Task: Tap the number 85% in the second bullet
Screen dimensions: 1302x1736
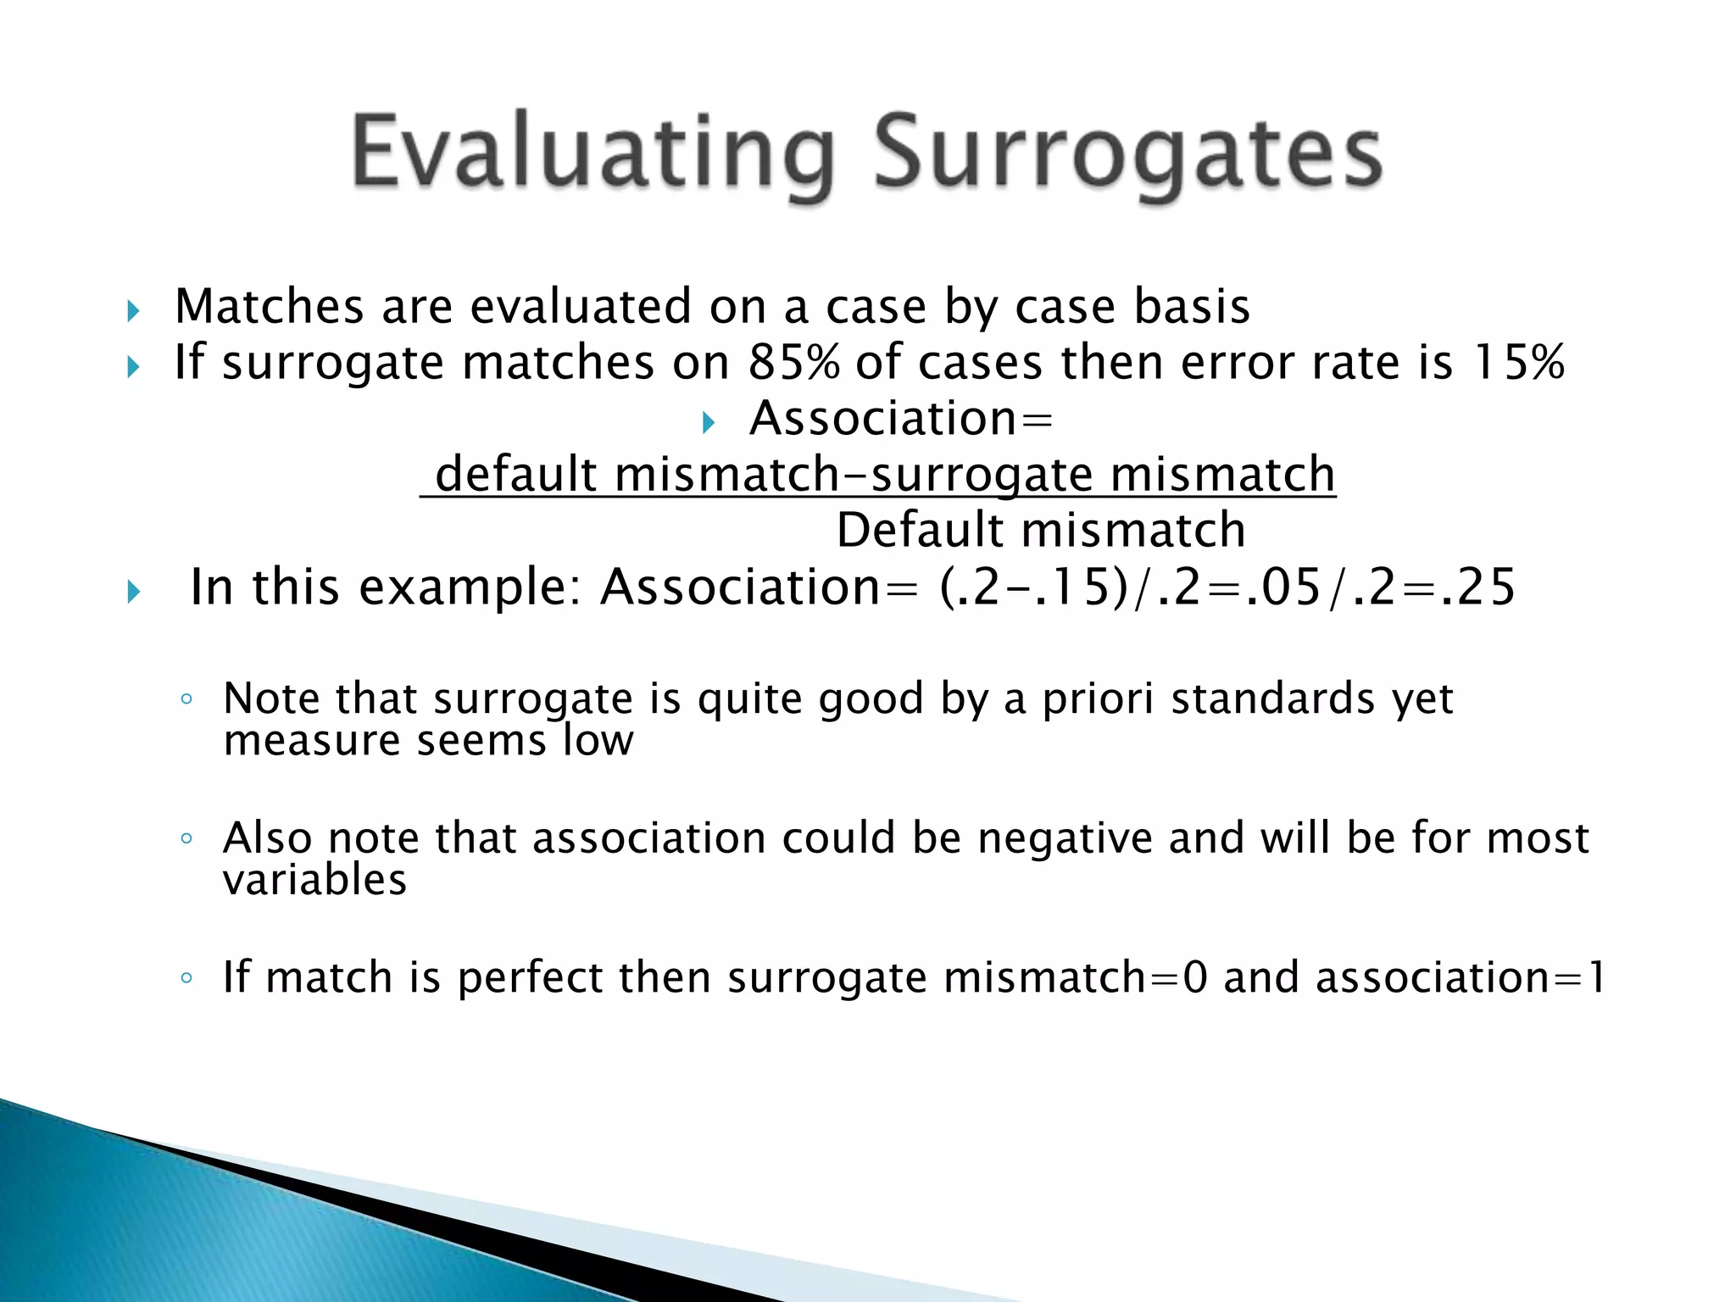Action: (794, 362)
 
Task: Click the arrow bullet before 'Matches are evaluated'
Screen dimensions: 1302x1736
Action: (133, 311)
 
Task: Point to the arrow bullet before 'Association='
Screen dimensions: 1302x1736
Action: (709, 422)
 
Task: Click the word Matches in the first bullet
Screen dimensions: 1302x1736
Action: (269, 307)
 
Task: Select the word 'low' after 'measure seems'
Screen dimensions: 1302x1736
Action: (598, 740)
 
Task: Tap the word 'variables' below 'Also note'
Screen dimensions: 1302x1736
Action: (314, 879)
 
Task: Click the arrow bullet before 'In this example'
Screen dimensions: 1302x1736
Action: (133, 592)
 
